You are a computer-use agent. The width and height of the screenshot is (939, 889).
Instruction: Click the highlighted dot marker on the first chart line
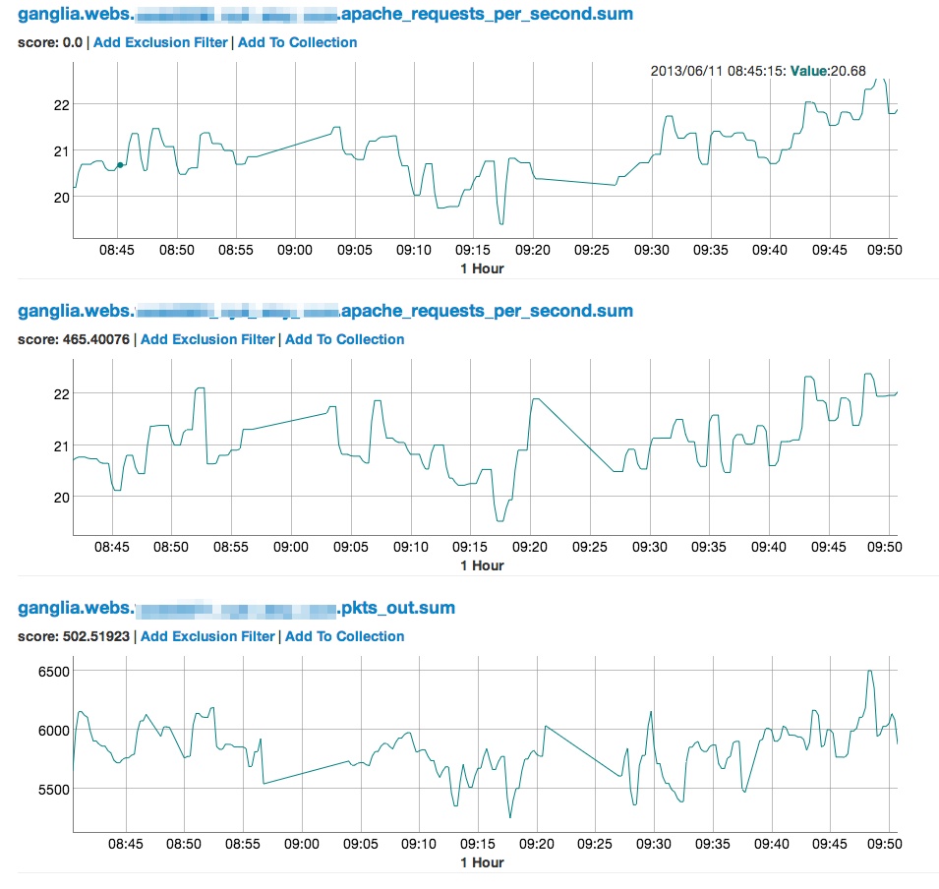point(120,165)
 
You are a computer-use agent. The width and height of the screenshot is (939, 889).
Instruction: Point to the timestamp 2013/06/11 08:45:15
point(719,71)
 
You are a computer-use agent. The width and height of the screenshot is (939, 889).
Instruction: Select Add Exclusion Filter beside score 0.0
point(160,42)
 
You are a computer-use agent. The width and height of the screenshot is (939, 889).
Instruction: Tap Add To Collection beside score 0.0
point(297,42)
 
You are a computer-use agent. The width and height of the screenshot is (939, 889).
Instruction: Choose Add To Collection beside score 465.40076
point(344,339)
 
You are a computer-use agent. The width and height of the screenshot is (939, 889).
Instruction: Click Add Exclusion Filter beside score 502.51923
point(207,636)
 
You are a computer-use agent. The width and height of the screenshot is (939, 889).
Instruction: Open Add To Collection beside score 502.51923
point(344,636)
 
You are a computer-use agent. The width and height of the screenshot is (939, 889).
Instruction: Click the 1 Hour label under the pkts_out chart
point(482,862)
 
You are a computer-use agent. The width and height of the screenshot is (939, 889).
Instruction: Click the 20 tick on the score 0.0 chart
point(62,197)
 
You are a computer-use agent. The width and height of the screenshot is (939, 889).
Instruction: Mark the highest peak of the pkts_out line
point(869,671)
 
